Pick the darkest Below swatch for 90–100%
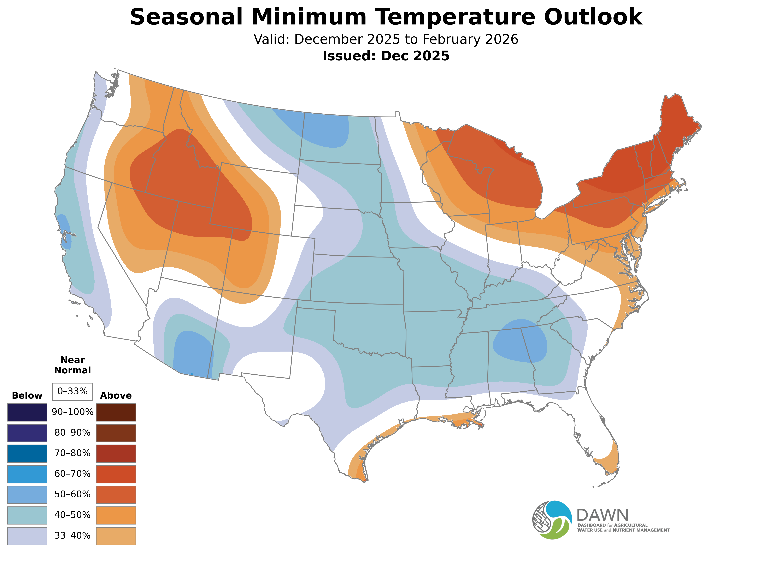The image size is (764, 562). (27, 412)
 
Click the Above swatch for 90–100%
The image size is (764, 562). (116, 412)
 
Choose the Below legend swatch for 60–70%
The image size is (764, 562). (27, 474)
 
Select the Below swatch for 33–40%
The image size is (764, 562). (27, 536)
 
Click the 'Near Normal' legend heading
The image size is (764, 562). (72, 365)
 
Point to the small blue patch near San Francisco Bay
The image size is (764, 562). (65, 231)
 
